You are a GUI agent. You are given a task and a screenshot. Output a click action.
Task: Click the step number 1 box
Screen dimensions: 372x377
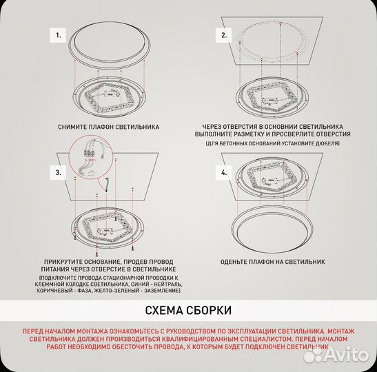58,33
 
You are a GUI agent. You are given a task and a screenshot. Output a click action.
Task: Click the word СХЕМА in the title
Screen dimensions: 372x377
167,310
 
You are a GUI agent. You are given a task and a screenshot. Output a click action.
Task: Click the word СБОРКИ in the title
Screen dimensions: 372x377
210,310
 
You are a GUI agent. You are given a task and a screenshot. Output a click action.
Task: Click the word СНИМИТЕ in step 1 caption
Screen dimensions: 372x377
75,127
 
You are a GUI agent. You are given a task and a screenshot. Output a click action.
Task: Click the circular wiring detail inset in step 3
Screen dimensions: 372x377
90,156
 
